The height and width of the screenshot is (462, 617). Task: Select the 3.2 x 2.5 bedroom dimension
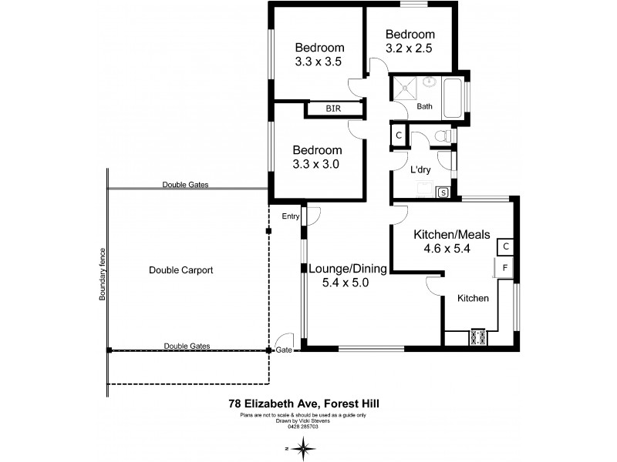tap(410, 48)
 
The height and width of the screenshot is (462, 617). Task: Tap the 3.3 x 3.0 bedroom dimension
tap(316, 163)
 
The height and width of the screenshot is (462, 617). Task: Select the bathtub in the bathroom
tap(453, 99)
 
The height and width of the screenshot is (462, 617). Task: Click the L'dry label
tap(420, 169)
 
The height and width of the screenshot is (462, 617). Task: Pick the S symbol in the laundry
tap(443, 192)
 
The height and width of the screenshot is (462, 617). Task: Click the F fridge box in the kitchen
tap(504, 268)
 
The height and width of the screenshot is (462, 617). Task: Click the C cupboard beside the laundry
tap(398, 136)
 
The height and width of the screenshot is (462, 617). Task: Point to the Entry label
tap(290, 216)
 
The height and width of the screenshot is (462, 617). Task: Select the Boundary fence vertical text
tap(101, 273)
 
